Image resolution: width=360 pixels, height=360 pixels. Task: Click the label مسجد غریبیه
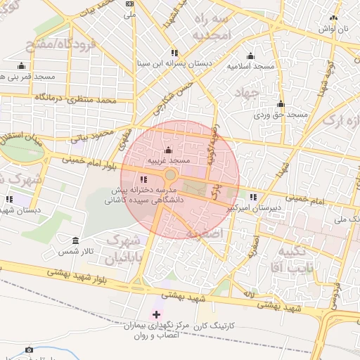tap(168, 161)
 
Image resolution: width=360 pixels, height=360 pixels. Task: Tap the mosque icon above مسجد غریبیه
tap(167, 150)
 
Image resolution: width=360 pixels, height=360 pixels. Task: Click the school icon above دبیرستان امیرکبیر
tap(253, 198)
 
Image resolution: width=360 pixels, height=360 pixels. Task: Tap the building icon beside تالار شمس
tap(76, 240)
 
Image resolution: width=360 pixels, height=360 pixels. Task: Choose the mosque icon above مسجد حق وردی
tap(281, 103)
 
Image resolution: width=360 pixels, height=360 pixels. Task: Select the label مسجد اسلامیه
tap(250, 65)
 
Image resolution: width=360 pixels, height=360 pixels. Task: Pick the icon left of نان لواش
tap(334, 19)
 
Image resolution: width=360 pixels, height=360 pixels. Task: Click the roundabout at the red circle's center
tap(171, 174)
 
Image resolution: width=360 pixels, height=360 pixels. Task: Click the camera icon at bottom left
tap(29, 349)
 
